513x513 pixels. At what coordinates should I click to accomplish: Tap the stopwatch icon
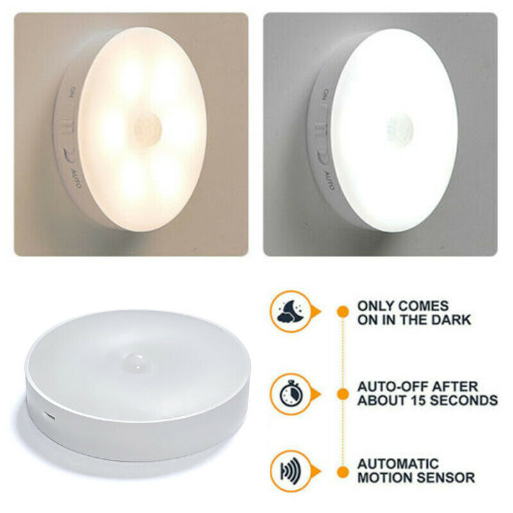point(291,394)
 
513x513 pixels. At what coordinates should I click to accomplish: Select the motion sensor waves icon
point(290,471)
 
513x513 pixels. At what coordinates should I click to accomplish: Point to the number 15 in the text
point(412,400)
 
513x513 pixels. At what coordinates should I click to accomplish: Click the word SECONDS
point(460,400)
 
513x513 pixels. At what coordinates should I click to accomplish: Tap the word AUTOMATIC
point(398,464)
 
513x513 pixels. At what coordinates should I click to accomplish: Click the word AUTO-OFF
point(392,387)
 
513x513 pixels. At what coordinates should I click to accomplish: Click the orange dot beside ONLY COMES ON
point(343,311)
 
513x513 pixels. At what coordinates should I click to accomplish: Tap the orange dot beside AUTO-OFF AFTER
point(343,394)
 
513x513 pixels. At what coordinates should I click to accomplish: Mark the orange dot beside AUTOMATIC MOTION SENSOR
point(343,472)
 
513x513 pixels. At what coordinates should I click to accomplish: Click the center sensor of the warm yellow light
point(148,128)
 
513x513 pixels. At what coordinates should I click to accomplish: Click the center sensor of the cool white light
point(399,130)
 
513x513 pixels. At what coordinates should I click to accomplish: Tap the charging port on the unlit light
point(49,416)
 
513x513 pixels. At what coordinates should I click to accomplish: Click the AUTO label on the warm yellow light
point(76,178)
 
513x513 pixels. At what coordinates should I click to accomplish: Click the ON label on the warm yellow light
point(71,92)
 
